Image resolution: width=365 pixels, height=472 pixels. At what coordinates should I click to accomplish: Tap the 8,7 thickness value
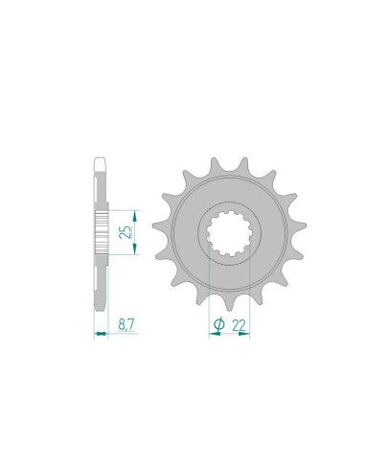(x=125, y=324)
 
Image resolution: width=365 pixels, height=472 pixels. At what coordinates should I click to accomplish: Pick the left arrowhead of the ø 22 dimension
(x=212, y=335)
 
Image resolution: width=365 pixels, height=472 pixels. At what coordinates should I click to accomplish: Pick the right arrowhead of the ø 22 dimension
(x=247, y=335)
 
